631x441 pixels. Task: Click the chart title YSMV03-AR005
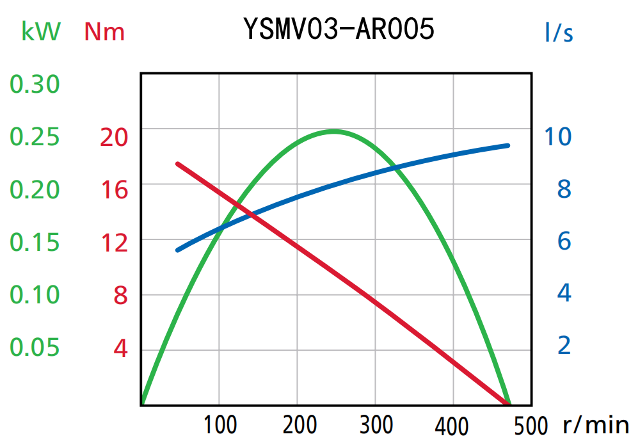point(339,29)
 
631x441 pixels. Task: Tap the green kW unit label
point(41,31)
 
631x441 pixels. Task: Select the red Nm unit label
point(104,31)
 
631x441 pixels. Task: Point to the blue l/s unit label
point(559,32)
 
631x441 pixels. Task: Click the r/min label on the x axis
point(596,424)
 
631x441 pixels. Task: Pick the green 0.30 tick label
point(35,84)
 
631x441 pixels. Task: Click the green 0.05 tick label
point(35,347)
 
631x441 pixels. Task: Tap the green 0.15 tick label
point(35,242)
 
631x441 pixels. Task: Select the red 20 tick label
point(113,137)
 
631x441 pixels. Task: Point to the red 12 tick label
point(113,242)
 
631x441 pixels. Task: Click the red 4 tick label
point(120,349)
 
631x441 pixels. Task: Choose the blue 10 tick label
point(557,136)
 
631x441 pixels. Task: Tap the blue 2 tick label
point(564,346)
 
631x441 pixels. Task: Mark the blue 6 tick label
point(564,241)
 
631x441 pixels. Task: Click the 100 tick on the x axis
point(220,424)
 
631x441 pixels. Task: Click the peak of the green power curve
point(334,131)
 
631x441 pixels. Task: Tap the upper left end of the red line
point(177,164)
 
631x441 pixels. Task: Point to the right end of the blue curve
point(508,145)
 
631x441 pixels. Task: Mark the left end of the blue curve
point(177,250)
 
